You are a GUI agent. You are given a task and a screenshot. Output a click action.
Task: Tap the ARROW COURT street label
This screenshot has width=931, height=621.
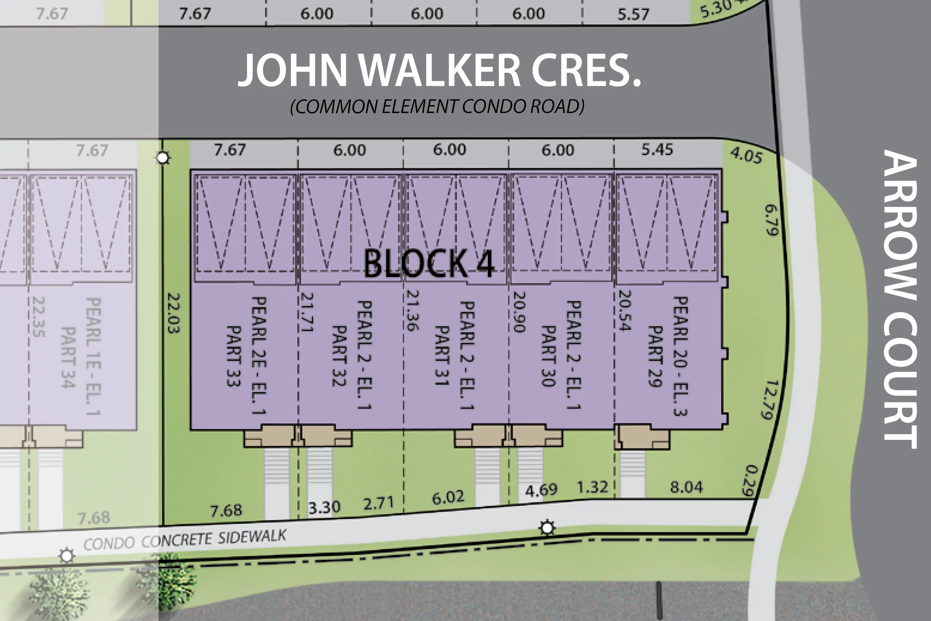point(900,299)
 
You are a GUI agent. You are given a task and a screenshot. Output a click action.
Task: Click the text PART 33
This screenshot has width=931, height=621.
point(234,356)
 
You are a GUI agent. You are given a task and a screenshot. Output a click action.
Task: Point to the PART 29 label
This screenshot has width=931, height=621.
point(655,356)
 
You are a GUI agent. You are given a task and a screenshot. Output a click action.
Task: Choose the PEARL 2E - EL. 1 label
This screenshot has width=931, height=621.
point(259,355)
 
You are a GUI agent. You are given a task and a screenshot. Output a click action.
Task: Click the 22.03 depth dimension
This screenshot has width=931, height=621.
point(174,313)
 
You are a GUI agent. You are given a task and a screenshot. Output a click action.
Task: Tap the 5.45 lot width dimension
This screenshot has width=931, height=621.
point(657,150)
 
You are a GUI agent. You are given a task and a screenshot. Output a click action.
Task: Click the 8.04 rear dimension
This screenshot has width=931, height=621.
point(686,487)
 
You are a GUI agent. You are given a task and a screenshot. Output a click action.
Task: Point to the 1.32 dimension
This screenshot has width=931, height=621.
point(592,487)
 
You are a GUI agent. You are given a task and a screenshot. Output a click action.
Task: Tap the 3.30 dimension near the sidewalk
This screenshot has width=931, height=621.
point(324,507)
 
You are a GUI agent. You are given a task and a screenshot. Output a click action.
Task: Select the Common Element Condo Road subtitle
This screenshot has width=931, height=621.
point(437,107)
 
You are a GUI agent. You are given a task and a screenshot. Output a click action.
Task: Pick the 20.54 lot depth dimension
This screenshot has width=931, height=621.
point(624,310)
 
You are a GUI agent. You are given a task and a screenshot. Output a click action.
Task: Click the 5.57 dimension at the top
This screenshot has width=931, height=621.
point(633,14)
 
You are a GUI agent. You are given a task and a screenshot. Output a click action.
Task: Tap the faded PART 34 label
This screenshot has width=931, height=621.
point(68,357)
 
